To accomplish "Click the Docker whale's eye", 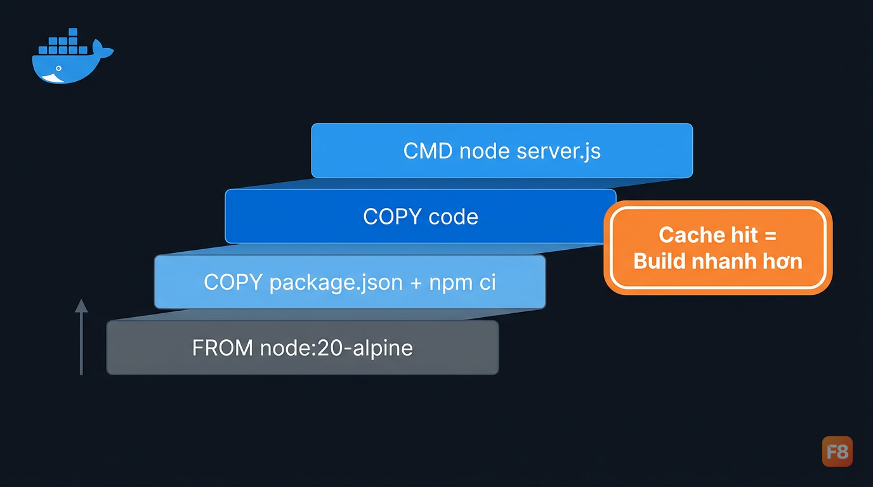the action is click(58, 68).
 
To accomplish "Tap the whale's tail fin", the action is click(102, 49).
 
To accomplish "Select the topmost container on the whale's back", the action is click(73, 32).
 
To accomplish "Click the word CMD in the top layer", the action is click(428, 151).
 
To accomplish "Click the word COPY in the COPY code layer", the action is click(393, 217).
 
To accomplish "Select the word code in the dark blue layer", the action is click(453, 217).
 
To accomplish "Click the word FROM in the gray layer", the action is click(223, 348).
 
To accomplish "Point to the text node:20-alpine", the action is click(336, 349).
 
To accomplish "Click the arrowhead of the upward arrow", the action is click(81, 306).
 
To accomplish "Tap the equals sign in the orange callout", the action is click(770, 236).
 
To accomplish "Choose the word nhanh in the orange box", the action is click(723, 261).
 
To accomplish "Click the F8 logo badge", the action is click(837, 451).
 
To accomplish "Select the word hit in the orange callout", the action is click(744, 235).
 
